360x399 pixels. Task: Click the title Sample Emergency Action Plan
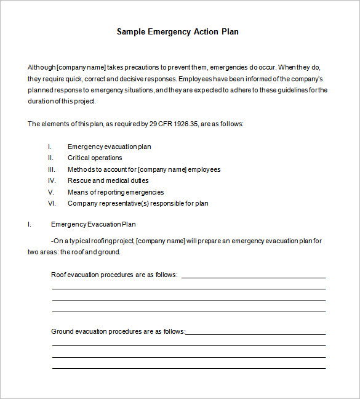(178, 31)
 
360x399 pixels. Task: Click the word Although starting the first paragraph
(41, 67)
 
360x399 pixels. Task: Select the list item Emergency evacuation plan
(109, 147)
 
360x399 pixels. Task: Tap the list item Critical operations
(95, 158)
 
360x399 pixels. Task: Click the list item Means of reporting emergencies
(115, 192)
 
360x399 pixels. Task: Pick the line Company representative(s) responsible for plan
(138, 203)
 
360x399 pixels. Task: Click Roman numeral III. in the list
(52, 169)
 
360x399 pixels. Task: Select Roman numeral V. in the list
(52, 192)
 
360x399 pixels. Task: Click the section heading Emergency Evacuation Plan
(93, 224)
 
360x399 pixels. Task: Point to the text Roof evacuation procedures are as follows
(114, 275)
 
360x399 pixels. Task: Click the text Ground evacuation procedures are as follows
(118, 331)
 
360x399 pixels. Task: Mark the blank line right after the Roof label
(253, 277)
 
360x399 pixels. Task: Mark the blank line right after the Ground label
(255, 334)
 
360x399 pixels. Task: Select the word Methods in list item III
(81, 169)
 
